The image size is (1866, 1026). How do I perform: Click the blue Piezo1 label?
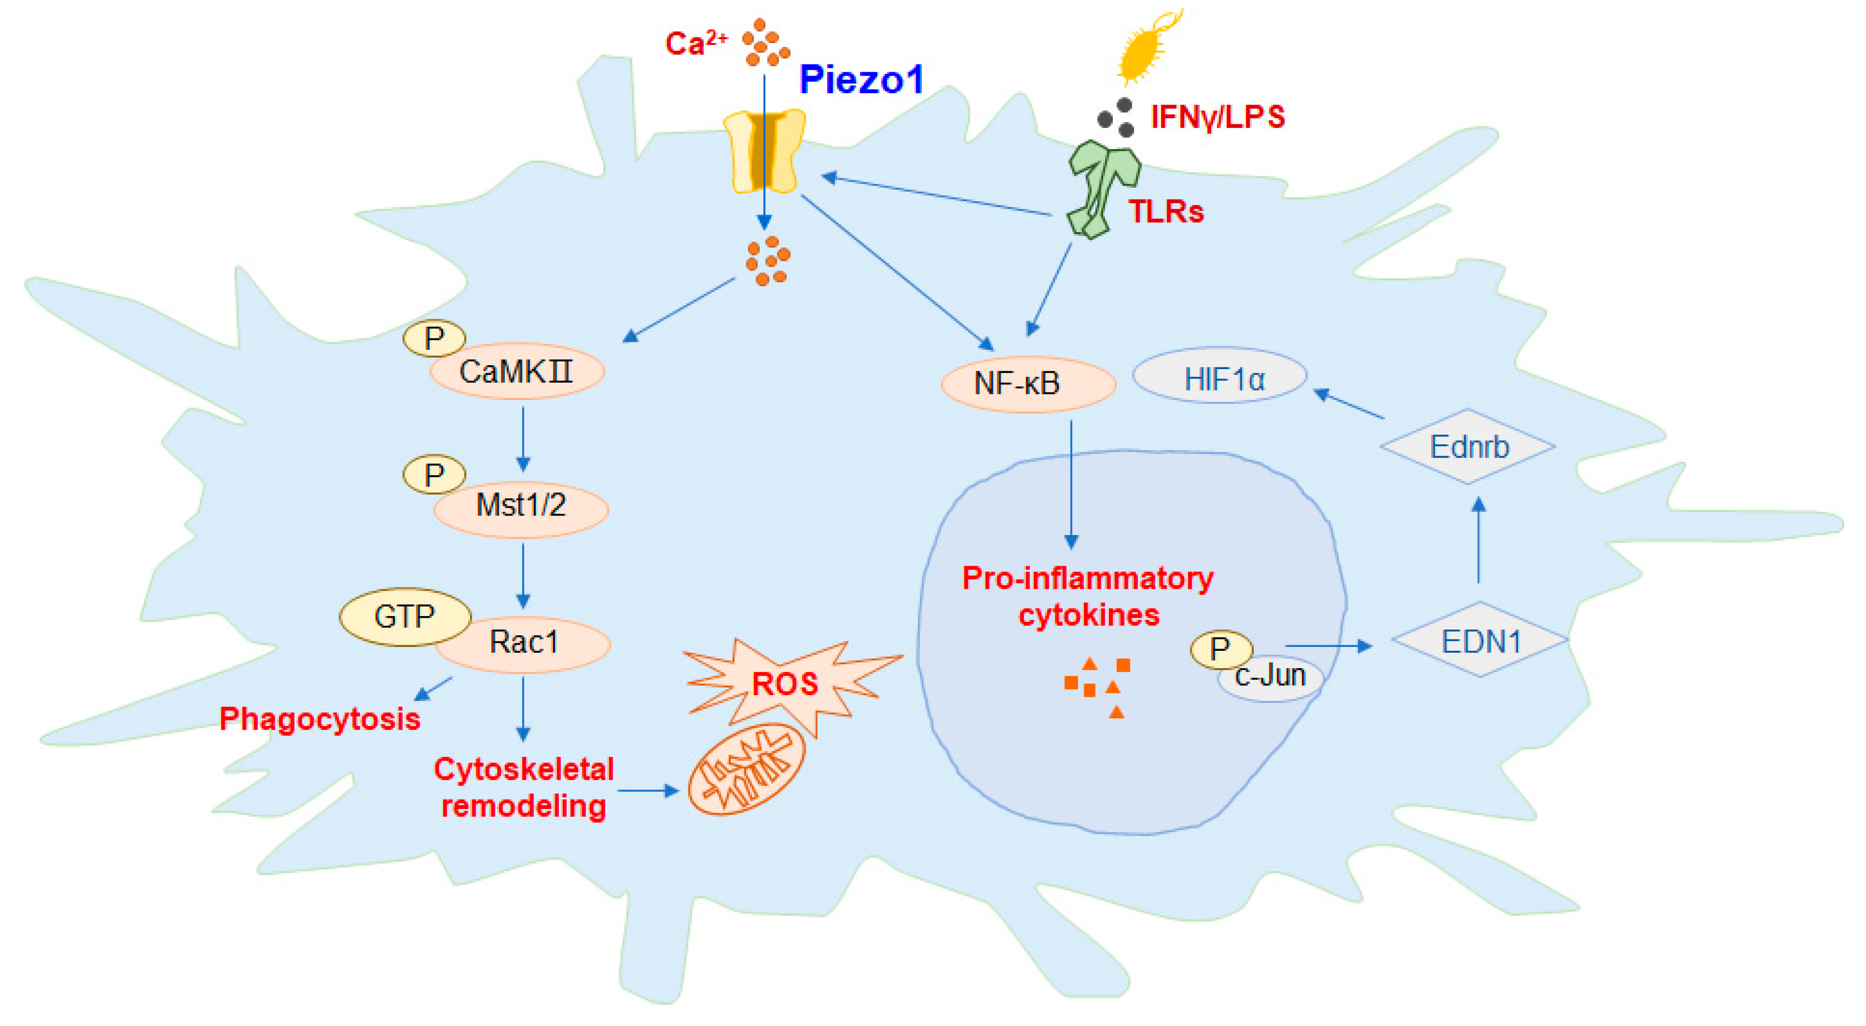(x=861, y=79)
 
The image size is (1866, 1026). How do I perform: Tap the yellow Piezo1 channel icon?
(x=764, y=150)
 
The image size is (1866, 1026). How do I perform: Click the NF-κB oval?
(x=1027, y=384)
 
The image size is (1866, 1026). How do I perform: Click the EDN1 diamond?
(x=1480, y=641)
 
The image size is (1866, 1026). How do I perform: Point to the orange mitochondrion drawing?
(x=747, y=769)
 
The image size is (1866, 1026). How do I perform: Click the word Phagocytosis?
(x=320, y=719)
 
